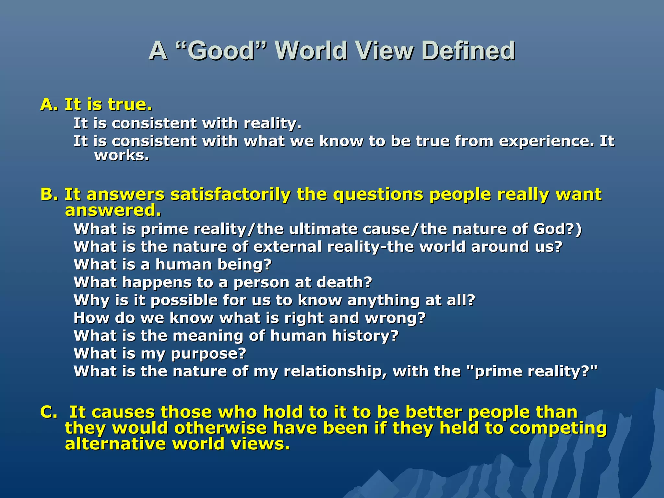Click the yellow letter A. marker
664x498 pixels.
point(49,104)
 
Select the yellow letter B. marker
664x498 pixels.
point(49,194)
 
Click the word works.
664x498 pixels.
point(122,155)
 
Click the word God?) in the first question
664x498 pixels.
point(557,229)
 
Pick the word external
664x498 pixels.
point(287,247)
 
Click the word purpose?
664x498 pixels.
point(208,353)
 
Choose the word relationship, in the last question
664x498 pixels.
point(335,371)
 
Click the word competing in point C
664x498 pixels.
point(558,428)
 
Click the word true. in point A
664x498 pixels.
point(130,104)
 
